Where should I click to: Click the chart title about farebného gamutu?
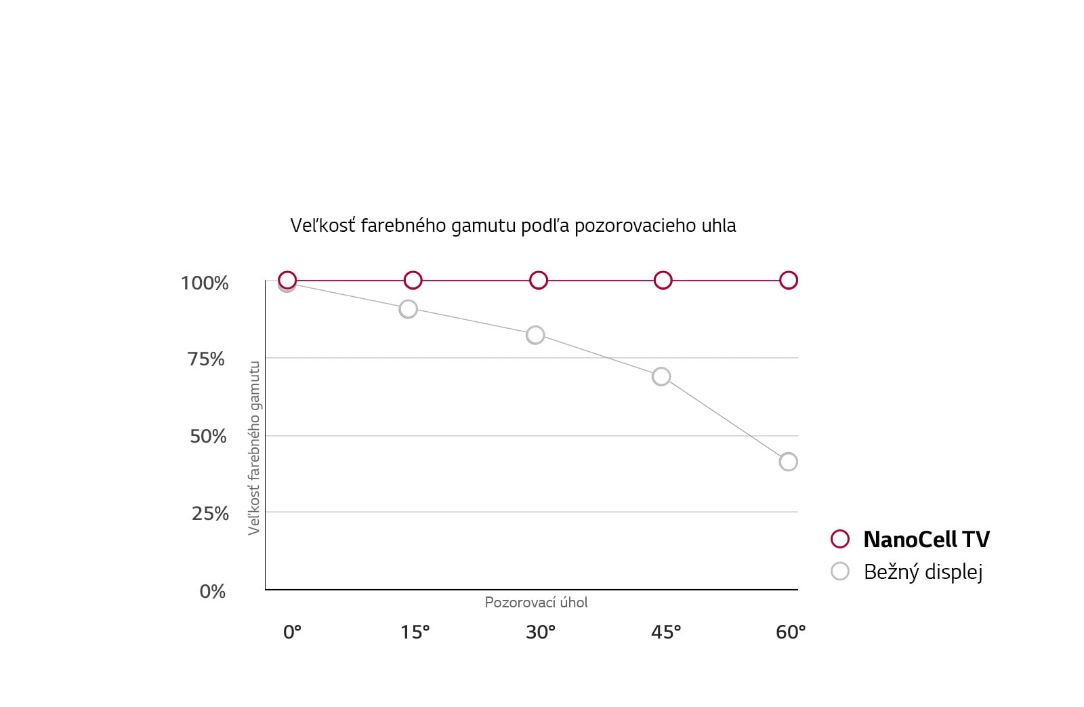point(513,226)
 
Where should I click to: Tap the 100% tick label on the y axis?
point(205,283)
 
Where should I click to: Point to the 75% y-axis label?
point(206,359)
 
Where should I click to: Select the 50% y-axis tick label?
point(208,437)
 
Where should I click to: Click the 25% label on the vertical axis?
point(210,514)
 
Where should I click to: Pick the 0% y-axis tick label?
point(212,592)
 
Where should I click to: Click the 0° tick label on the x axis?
point(292,632)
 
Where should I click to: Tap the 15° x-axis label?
point(415,632)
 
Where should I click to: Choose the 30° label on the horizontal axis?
point(540,632)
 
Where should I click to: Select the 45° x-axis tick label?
point(665,632)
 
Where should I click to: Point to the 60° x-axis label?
point(791,632)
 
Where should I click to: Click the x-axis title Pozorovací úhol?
point(536,603)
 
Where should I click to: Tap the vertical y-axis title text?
point(254,447)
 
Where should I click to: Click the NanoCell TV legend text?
point(926,540)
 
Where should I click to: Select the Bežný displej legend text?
point(923,572)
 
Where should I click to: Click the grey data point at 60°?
point(788,462)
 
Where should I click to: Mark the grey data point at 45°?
point(661,376)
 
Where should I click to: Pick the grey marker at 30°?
point(535,335)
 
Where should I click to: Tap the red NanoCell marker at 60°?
point(789,280)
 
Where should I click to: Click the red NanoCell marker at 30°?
point(539,280)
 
